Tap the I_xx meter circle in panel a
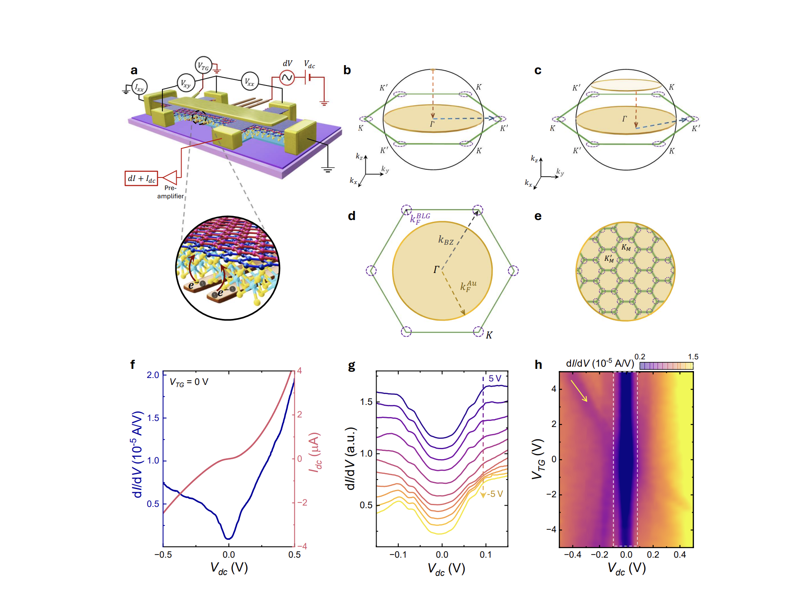pos(139,88)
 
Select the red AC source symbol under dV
pos(287,78)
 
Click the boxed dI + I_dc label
pos(141,178)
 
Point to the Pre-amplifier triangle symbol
pos(170,177)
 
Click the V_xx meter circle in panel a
pos(250,82)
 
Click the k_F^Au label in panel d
pos(468,286)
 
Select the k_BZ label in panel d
pos(446,240)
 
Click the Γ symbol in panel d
pos(436,269)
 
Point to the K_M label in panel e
pos(626,247)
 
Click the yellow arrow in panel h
pos(579,391)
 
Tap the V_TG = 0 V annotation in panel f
pos(189,382)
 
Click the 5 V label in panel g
pos(495,378)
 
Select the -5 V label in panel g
pos(495,494)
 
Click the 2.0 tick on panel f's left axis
pos(153,375)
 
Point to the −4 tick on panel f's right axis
pos(302,546)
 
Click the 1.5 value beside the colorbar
pos(693,357)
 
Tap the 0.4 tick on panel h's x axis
pos(680,555)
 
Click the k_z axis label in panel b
pos(359,157)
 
